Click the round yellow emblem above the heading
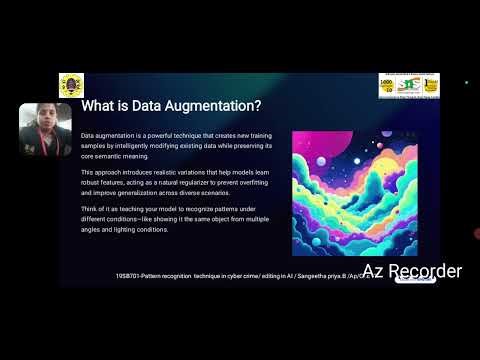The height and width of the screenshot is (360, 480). (x=72, y=85)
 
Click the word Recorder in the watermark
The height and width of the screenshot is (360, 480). (x=424, y=271)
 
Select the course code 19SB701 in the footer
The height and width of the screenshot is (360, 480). (x=134, y=272)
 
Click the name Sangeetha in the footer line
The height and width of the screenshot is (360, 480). (x=299, y=272)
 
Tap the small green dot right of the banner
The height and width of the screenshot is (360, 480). (x=467, y=82)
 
